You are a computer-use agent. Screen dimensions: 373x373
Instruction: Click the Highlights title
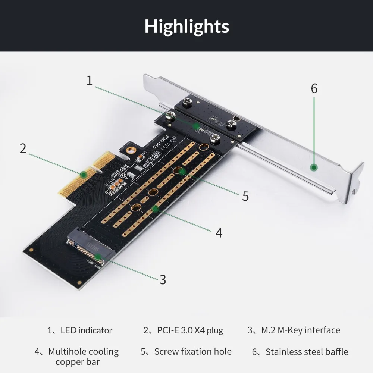tap(186, 26)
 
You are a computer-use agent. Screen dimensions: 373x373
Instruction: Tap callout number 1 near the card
tap(89, 81)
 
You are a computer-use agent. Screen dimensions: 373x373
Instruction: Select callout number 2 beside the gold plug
tap(23, 148)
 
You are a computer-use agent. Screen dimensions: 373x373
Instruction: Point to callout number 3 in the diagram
tap(163, 279)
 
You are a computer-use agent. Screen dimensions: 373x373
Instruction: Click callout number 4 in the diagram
tap(219, 233)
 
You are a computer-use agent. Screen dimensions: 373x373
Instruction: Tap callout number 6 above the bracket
tap(314, 89)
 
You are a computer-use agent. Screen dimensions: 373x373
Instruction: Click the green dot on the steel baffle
tap(314, 167)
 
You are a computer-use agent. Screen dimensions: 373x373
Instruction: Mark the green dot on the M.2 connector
tap(98, 257)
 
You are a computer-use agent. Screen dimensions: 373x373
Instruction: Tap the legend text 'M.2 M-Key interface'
tap(300, 330)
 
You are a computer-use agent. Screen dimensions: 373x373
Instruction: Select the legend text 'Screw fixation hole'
tap(193, 352)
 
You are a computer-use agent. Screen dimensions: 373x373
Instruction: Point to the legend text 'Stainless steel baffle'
tap(307, 352)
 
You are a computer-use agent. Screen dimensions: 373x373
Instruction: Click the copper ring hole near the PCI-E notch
tap(130, 150)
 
